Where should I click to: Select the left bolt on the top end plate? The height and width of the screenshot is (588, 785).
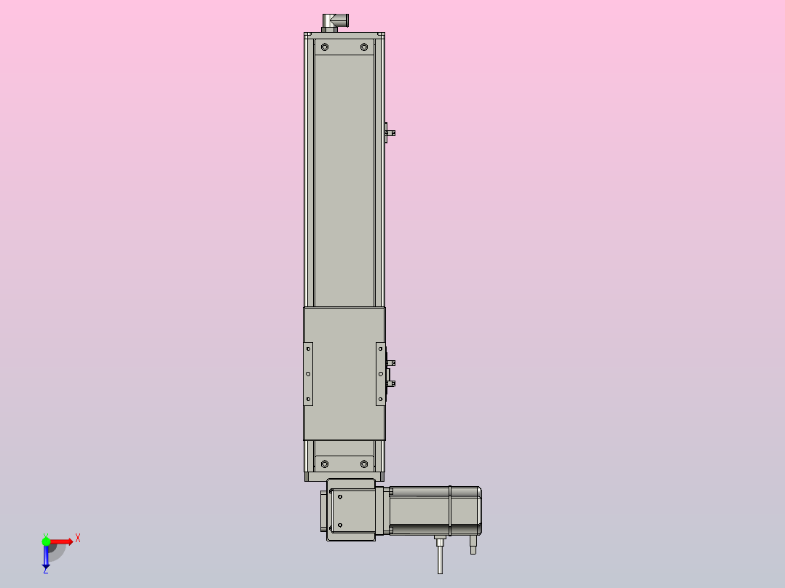pos(324,47)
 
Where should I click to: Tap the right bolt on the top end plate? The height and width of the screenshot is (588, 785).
pos(364,47)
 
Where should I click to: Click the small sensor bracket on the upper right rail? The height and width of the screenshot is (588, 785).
pos(390,132)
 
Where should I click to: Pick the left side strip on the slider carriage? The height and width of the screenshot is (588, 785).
pos(308,373)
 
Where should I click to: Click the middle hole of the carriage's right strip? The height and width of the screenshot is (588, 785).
pos(380,373)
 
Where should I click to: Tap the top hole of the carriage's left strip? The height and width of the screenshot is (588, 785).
pos(308,349)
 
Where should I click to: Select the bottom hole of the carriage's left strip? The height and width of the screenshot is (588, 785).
pos(308,399)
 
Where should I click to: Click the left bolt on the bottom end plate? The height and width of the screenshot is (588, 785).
pos(324,464)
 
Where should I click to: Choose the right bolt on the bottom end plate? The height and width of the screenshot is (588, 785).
pos(364,464)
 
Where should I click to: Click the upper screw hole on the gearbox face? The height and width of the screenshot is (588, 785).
pos(339,498)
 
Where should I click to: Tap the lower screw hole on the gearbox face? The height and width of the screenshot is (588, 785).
pos(339,525)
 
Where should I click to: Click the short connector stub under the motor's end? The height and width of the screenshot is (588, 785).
pos(473,544)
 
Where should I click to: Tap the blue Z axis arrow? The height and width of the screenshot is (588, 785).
pos(46,557)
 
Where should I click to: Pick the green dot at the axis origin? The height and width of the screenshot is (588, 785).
pos(46,541)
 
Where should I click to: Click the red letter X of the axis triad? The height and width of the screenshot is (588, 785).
pos(78,538)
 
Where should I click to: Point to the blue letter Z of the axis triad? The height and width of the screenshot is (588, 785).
pos(45,571)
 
